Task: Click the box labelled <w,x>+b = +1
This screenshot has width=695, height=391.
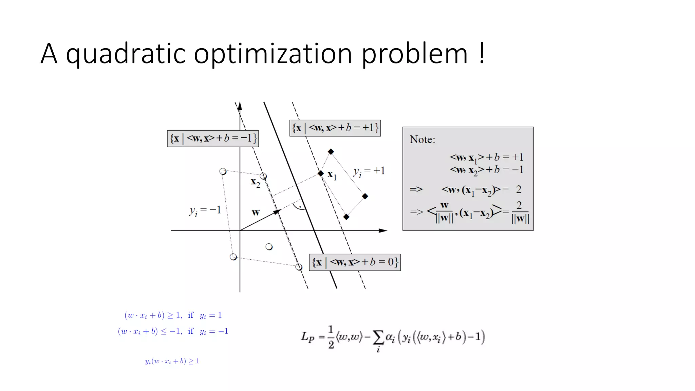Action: click(335, 128)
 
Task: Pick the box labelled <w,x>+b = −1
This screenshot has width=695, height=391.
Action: click(213, 138)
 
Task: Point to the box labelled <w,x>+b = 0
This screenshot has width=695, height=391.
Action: click(355, 262)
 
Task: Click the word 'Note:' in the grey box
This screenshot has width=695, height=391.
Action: click(422, 139)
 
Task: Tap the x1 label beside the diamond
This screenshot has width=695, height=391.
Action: click(332, 175)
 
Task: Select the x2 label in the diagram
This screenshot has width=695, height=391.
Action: click(255, 183)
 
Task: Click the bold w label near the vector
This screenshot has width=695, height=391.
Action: click(256, 212)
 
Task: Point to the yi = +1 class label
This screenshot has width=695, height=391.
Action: click(369, 171)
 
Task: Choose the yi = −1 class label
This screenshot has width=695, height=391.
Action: click(205, 210)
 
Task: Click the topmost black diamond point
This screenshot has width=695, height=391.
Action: click(331, 152)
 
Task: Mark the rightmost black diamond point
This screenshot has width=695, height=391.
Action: click(365, 196)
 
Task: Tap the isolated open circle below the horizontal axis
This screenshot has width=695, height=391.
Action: click(269, 247)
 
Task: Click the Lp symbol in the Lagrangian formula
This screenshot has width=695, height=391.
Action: click(308, 337)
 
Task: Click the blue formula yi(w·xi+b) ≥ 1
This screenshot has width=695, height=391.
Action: click(172, 361)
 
